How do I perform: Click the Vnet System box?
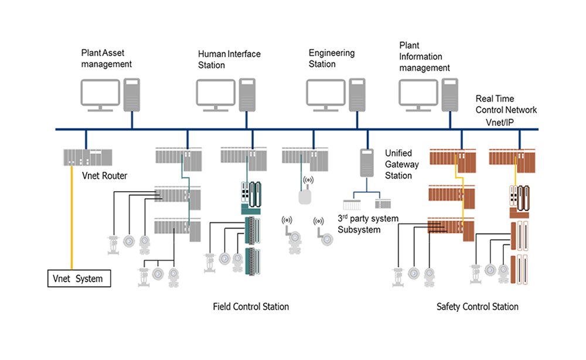pyautogui.click(x=79, y=279)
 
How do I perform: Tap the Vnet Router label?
pyautogui.click(x=105, y=175)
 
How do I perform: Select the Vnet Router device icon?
pyautogui.click(x=87, y=157)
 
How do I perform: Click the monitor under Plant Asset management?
pyautogui.click(x=99, y=94)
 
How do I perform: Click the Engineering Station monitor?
pyautogui.click(x=325, y=94)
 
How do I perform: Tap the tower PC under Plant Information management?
pyautogui.click(x=450, y=94)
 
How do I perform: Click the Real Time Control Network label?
pyautogui.click(x=506, y=104)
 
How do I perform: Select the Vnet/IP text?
pyautogui.click(x=503, y=122)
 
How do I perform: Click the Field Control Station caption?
pyautogui.click(x=251, y=306)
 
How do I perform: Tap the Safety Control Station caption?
pyautogui.click(x=477, y=306)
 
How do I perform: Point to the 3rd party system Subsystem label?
pyautogui.click(x=367, y=224)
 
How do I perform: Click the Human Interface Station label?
pyautogui.click(x=229, y=59)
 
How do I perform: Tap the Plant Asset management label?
pyautogui.click(x=107, y=58)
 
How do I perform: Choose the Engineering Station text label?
pyautogui.click(x=331, y=58)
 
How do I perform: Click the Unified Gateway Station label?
pyautogui.click(x=402, y=164)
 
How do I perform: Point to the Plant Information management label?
pyautogui.click(x=424, y=57)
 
